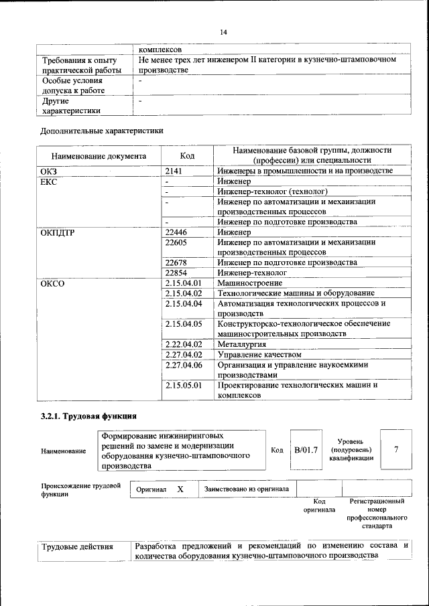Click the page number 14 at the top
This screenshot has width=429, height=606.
click(x=224, y=32)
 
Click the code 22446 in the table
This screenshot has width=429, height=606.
click(x=176, y=232)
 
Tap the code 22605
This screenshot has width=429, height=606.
click(x=176, y=242)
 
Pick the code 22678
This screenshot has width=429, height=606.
click(x=176, y=262)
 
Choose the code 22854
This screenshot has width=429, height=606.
click(x=176, y=273)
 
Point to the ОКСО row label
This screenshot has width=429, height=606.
click(x=53, y=283)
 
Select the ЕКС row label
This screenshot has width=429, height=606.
click(x=50, y=181)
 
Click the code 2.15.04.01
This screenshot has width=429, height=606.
click(x=183, y=283)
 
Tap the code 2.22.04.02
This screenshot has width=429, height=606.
click(x=183, y=344)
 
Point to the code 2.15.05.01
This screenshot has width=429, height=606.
click(x=183, y=385)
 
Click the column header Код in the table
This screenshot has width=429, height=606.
click(x=188, y=156)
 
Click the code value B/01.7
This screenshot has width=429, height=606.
click(x=306, y=449)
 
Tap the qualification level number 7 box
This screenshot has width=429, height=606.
click(x=396, y=449)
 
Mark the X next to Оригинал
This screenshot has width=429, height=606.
click(x=180, y=489)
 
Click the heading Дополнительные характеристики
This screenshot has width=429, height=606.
click(x=101, y=131)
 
